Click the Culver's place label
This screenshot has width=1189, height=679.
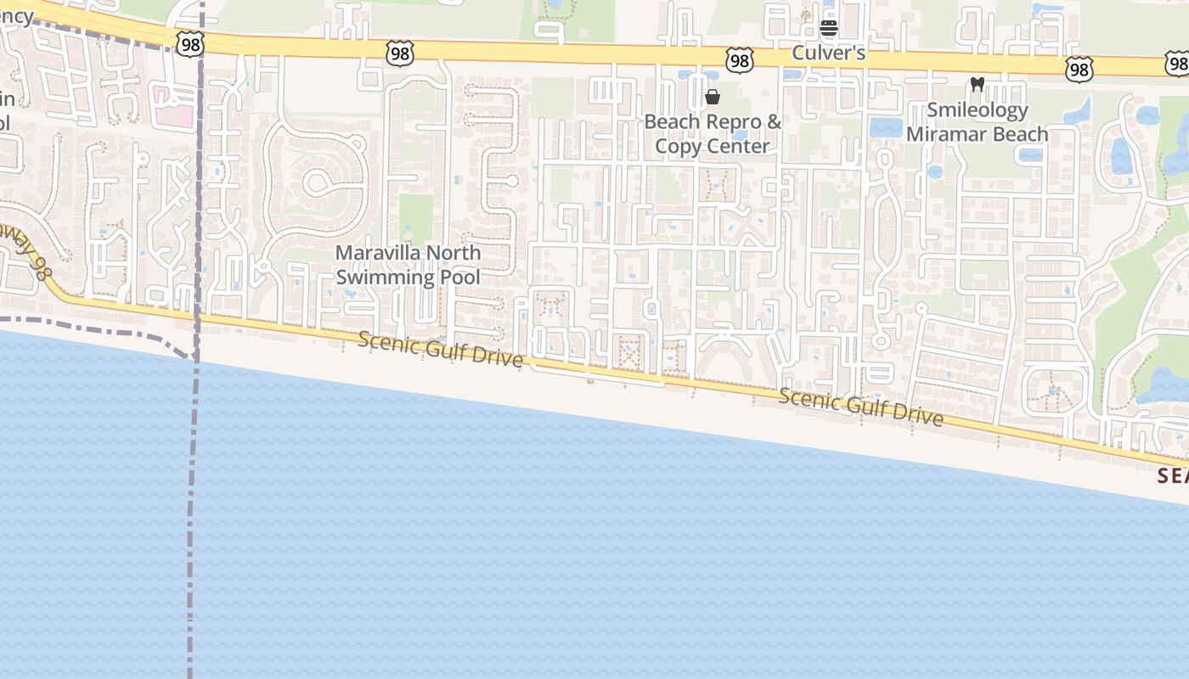[x=828, y=53]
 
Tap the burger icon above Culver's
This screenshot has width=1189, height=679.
[x=829, y=28]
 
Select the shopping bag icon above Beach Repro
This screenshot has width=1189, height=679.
[x=713, y=97]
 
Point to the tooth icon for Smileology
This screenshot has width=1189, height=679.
[x=977, y=85]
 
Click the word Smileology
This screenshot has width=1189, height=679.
[x=977, y=109]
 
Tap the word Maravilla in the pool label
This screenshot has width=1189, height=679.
[x=377, y=253]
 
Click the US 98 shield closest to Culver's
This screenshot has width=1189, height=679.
[x=739, y=59]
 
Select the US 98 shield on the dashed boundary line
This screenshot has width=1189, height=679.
[x=191, y=43]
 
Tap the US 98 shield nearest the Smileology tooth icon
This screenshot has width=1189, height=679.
[x=1079, y=69]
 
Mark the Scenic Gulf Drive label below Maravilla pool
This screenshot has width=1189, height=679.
[x=440, y=349]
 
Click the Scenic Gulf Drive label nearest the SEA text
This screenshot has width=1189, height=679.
[x=860, y=407]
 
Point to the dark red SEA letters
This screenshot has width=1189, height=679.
[x=1173, y=476]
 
